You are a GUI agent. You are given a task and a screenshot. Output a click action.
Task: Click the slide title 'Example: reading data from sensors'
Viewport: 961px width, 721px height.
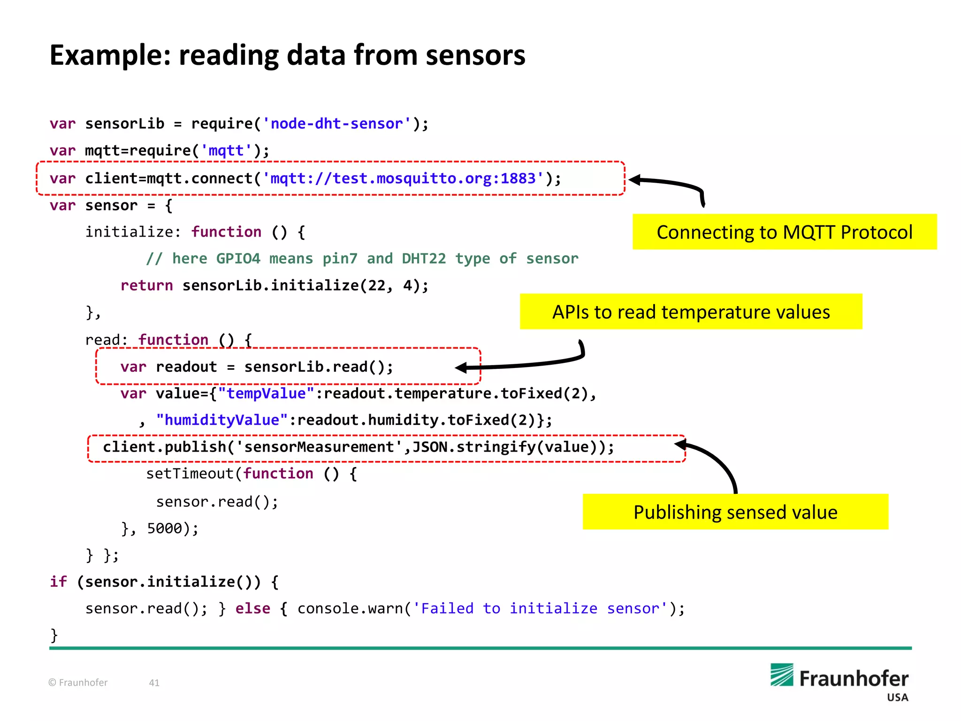tap(287, 55)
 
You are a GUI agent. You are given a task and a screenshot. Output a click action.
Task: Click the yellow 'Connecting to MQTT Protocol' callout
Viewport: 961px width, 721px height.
tap(784, 232)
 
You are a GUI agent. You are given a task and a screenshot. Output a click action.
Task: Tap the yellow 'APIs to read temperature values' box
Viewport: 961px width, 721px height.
tap(691, 312)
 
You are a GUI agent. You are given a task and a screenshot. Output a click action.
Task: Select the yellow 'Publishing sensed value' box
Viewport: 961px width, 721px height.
tap(735, 512)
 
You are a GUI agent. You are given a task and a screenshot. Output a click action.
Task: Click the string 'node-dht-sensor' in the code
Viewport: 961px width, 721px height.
tap(336, 124)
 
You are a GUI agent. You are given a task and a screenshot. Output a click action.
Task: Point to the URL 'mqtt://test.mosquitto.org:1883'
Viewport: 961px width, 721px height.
tap(403, 179)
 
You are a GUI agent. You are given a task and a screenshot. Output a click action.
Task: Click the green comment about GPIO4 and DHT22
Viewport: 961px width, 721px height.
tap(362, 259)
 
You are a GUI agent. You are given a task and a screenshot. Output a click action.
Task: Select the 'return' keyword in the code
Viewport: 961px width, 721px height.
tap(146, 285)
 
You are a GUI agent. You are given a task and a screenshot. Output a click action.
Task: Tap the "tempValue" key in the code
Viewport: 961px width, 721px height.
tap(266, 393)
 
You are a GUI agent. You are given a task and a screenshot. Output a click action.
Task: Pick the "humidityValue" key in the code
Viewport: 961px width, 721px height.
tap(221, 420)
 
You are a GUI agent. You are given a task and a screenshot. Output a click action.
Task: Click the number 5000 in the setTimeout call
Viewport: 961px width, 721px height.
tap(164, 529)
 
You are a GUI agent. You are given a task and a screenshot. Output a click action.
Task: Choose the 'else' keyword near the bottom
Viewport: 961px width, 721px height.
tap(252, 609)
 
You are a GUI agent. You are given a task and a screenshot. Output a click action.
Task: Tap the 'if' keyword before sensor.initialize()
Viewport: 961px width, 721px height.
tap(58, 582)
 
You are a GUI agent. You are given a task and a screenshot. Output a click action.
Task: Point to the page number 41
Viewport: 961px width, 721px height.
tap(154, 683)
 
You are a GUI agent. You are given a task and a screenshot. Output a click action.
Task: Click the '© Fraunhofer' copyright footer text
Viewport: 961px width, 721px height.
tap(78, 683)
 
